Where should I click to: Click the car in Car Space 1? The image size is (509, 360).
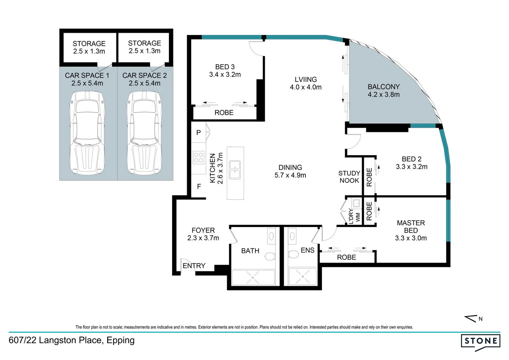[x=87, y=133]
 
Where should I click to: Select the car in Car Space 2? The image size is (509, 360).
[x=144, y=133]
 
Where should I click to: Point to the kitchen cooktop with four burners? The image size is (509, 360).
[x=198, y=157]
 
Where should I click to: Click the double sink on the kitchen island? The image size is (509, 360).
[x=235, y=170]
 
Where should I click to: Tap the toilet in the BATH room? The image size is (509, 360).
[x=270, y=256]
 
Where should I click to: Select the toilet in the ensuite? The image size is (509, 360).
[x=293, y=254]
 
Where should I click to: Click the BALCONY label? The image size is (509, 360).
[x=383, y=87]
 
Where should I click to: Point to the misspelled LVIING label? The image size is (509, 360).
[x=305, y=79]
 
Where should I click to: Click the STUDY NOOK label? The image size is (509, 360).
[x=349, y=177]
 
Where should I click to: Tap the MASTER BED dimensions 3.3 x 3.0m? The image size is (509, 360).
[x=411, y=238]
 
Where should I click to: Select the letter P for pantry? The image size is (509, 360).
[x=199, y=133]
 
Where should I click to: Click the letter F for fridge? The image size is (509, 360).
[x=199, y=186]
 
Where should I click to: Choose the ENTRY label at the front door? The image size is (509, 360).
[x=194, y=266]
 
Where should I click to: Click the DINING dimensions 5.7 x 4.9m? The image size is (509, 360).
[x=290, y=175]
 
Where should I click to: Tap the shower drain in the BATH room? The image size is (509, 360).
[x=253, y=277]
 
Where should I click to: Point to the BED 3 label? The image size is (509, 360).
[x=225, y=67]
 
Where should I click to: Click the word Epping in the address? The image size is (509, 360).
[x=121, y=340]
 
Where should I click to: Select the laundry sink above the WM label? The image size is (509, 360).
[x=356, y=203]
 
